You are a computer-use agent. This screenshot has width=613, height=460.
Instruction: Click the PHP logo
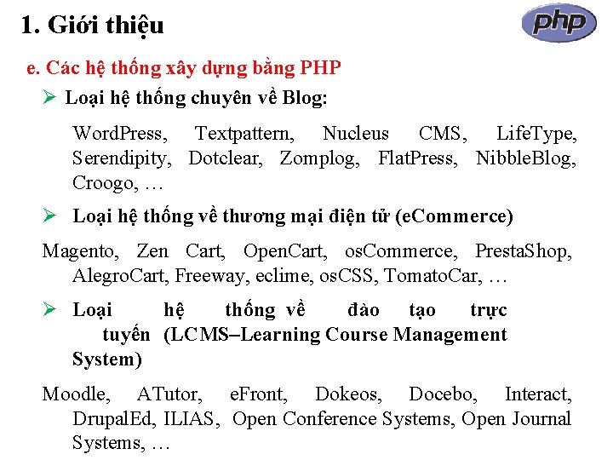pos(559,23)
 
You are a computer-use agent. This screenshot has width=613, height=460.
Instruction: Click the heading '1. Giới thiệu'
pos(92,26)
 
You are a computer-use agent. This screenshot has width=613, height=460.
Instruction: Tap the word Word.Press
pos(120,134)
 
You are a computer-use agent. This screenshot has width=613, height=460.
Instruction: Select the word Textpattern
pos(245,134)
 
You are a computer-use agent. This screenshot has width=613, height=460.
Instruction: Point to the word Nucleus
pos(355,134)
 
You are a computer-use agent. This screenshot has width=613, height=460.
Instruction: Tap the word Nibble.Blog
pos(526,158)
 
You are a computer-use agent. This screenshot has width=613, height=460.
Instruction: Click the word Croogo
pos(103,183)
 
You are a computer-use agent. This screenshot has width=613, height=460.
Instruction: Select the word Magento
pos(82,251)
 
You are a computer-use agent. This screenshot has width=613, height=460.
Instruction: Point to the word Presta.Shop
pos(523,251)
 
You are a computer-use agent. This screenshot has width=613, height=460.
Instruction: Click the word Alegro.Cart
pos(120,276)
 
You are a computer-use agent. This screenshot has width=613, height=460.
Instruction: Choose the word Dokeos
pos(348,394)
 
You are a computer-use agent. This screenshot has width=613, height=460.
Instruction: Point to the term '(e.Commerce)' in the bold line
pos(459,216)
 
